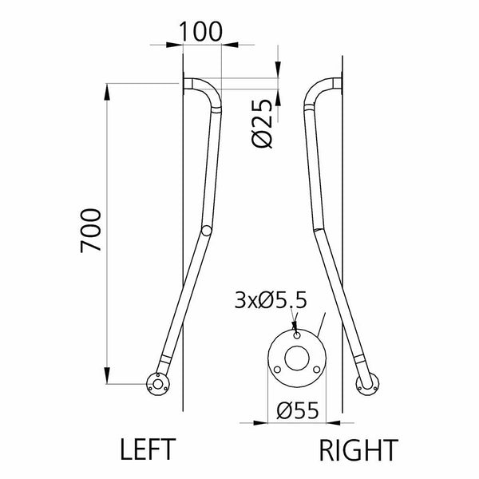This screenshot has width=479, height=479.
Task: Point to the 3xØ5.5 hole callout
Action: point(271,301)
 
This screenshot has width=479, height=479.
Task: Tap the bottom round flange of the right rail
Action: point(369,386)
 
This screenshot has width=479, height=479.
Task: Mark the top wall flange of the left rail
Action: point(185,85)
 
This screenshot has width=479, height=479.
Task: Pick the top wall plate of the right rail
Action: point(341,85)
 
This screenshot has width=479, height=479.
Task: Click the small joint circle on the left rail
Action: point(207,232)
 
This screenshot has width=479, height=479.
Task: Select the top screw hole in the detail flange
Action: point(296,336)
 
